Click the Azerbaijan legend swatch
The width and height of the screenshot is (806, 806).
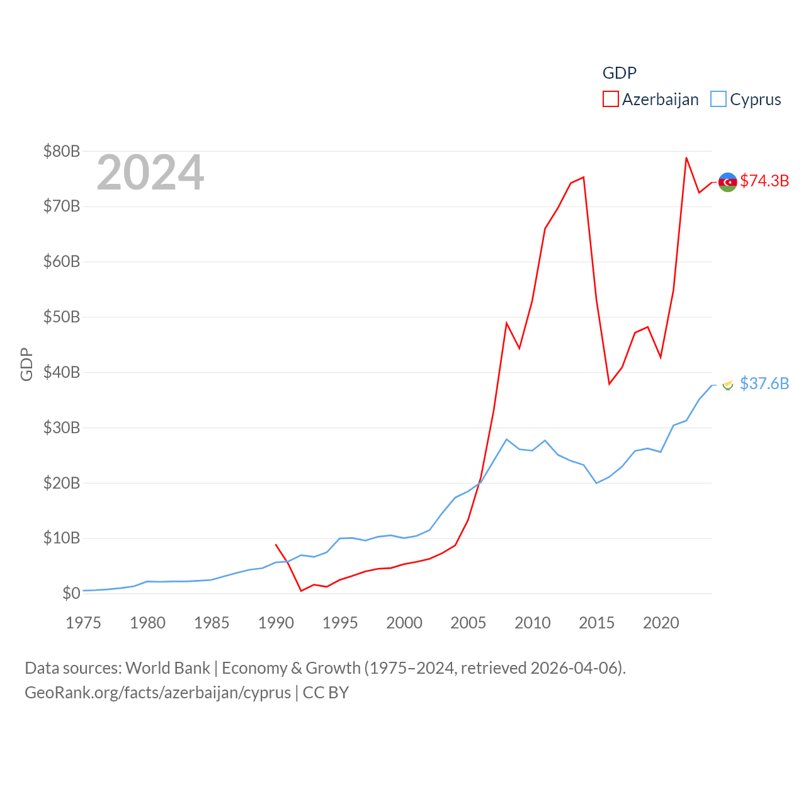click(611, 99)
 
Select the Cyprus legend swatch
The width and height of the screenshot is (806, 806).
click(718, 99)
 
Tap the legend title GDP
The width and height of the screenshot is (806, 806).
click(620, 73)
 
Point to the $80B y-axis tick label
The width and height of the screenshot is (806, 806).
click(62, 151)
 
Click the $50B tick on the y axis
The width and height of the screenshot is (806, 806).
click(62, 317)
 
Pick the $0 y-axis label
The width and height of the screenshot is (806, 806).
click(71, 593)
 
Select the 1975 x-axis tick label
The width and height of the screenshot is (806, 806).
click(84, 623)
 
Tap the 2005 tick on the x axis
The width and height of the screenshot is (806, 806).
click(468, 623)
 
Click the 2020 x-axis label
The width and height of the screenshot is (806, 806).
click(661, 623)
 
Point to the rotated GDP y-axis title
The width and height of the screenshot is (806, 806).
click(26, 364)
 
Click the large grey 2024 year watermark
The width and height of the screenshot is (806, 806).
click(150, 173)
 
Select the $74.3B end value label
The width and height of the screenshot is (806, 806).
click(764, 181)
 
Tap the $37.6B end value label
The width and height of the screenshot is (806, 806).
click(764, 383)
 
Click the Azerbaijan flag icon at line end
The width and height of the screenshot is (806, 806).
click(728, 182)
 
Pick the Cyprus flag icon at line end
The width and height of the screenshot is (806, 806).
click(728, 385)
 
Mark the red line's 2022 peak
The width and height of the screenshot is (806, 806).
click(686, 158)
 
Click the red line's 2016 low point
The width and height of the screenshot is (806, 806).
click(610, 383)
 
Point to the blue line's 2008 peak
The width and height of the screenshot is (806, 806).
click(507, 439)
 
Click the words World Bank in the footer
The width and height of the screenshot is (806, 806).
click(167, 667)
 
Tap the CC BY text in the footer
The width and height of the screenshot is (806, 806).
click(326, 693)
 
